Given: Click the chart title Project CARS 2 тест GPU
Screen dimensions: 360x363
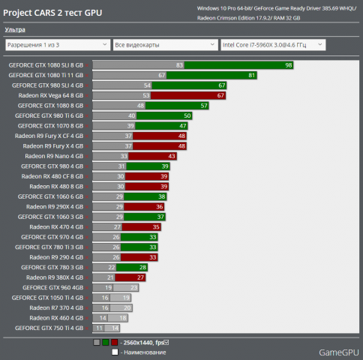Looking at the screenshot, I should (53, 13).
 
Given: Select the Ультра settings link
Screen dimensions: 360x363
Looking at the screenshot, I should (14, 29).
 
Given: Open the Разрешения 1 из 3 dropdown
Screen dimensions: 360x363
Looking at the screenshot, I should (55, 45).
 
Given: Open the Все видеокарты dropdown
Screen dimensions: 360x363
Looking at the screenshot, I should (164, 45).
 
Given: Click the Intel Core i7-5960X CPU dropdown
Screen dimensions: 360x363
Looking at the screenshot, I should (272, 45).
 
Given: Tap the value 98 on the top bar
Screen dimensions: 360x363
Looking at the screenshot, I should (289, 65).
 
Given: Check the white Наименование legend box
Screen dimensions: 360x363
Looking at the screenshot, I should (115, 351).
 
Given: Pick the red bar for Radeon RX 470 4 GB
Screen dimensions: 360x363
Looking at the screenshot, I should (142, 226).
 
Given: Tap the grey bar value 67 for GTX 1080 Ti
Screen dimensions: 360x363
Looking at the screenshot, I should (161, 75).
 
